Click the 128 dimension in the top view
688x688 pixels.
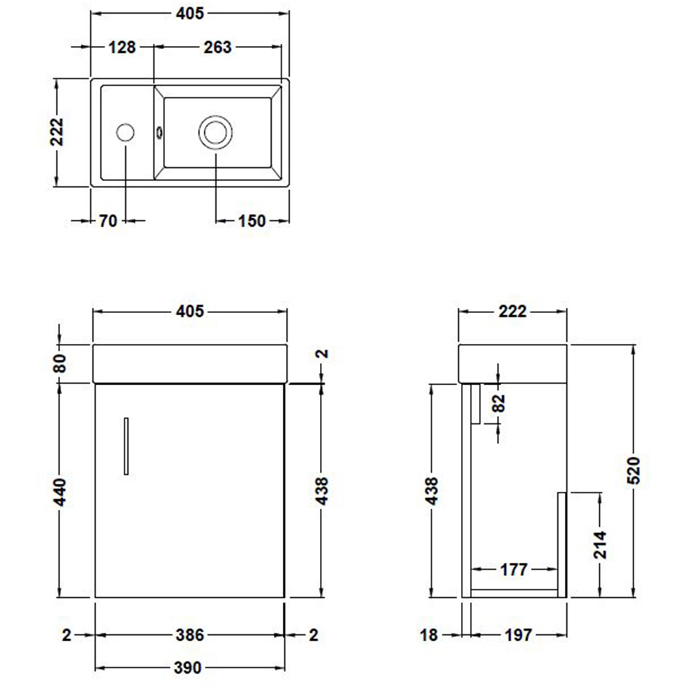(122, 47)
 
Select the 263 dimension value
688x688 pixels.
(217, 47)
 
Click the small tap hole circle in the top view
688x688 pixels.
(125, 132)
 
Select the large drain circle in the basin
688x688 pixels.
(215, 131)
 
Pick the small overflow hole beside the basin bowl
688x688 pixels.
(160, 131)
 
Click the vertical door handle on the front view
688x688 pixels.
(126, 445)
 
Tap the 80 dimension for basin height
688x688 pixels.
(60, 363)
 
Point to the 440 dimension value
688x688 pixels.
(60, 490)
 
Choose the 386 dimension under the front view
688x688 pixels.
(189, 635)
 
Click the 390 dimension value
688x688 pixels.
(189, 667)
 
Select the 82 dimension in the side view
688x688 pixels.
(499, 402)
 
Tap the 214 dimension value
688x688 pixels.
(601, 545)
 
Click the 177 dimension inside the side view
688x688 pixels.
(513, 570)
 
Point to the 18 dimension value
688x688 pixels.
(429, 635)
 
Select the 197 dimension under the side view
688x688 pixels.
(517, 635)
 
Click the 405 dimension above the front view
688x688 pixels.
(189, 312)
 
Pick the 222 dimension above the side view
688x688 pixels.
(513, 312)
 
